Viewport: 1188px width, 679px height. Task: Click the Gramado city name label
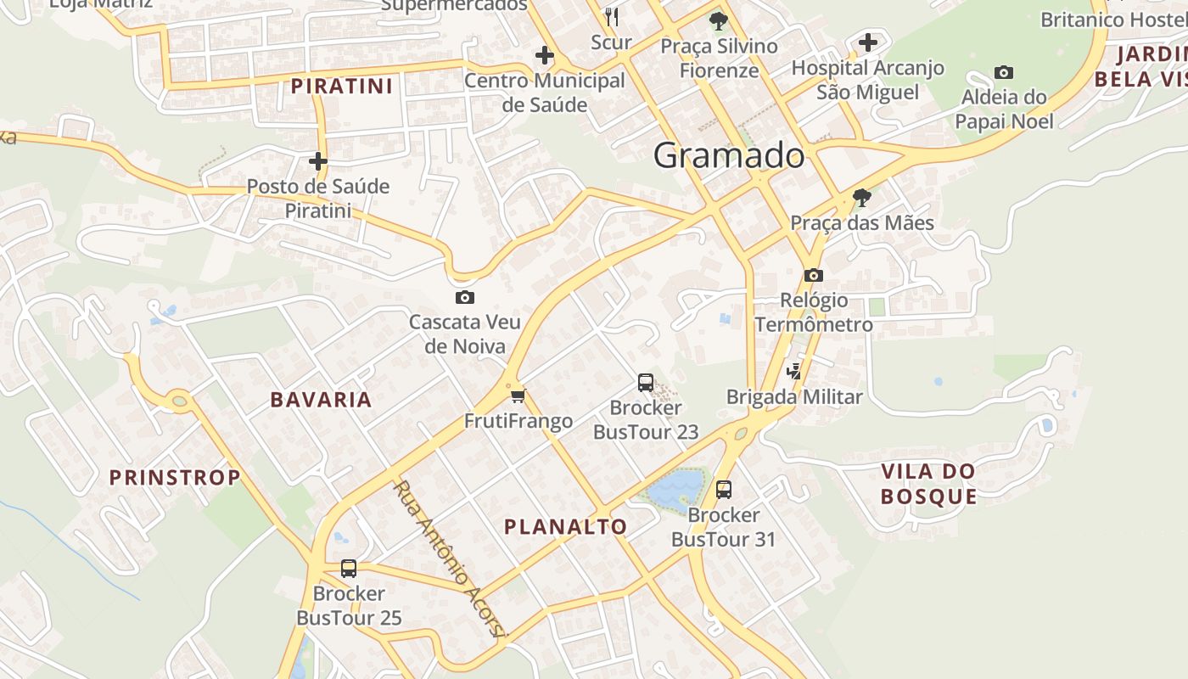[x=729, y=155]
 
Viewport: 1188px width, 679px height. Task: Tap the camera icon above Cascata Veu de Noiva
[x=464, y=297]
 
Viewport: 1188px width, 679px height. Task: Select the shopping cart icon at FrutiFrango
[x=518, y=395]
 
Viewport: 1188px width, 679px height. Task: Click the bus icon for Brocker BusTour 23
[x=646, y=383]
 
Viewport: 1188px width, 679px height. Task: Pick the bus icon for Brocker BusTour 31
[x=724, y=489]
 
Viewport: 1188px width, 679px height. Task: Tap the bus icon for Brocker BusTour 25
[x=349, y=568]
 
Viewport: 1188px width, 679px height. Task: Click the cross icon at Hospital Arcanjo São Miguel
[x=867, y=42]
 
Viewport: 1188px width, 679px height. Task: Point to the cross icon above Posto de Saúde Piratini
[x=318, y=160]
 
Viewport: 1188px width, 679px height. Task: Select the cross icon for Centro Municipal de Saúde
[x=545, y=56]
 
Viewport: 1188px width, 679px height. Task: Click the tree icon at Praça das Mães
[x=862, y=199]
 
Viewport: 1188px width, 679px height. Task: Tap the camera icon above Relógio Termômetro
[x=814, y=275]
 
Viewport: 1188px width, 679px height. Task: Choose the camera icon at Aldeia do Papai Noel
[x=1004, y=72]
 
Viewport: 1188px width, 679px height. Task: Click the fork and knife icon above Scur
[x=612, y=16]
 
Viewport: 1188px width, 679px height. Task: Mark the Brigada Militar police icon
[x=794, y=370]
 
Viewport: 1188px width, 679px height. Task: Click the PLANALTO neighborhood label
[x=566, y=526]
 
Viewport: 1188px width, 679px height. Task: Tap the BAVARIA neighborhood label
[x=321, y=400]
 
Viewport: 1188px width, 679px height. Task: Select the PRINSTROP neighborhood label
[x=176, y=477]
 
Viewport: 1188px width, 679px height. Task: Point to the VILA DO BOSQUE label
[x=928, y=484]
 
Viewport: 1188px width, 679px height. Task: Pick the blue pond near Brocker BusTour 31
[x=676, y=489]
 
